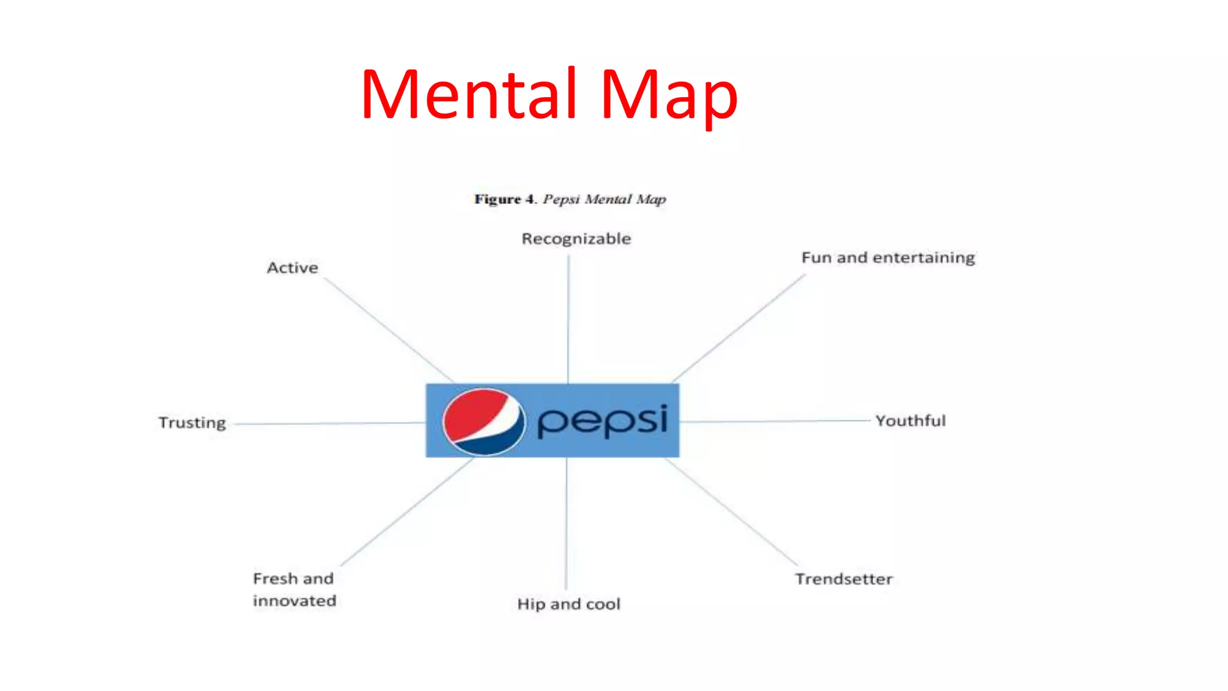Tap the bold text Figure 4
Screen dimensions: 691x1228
click(504, 199)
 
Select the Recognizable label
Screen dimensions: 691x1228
click(576, 239)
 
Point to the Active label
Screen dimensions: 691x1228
click(293, 268)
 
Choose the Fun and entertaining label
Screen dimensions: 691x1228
click(888, 258)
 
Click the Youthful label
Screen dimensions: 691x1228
click(910, 420)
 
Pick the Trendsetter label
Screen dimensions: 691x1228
click(844, 579)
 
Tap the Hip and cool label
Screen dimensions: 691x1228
click(568, 604)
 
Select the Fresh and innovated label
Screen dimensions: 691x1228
click(294, 590)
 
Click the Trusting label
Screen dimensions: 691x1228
click(192, 423)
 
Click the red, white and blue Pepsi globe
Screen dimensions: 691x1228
click(483, 421)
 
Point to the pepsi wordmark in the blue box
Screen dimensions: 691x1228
click(602, 420)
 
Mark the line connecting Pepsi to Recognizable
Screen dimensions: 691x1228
click(568, 318)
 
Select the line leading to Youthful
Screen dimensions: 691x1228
click(773, 421)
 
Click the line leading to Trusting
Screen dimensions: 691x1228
click(330, 423)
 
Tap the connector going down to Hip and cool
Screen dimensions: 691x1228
click(566, 522)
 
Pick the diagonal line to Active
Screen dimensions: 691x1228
click(389, 331)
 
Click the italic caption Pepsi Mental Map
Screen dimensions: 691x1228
click(604, 199)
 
